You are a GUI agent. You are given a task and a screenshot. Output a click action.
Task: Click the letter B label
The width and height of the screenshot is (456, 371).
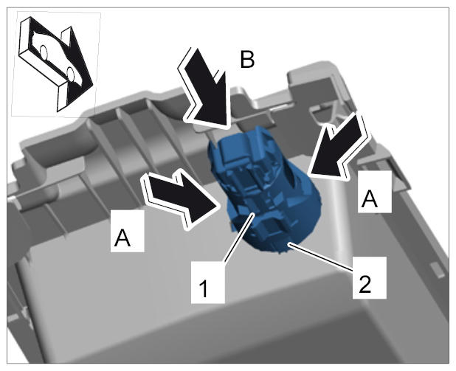click(x=247, y=60)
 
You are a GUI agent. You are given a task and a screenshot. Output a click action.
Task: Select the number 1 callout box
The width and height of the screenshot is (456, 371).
click(x=207, y=282)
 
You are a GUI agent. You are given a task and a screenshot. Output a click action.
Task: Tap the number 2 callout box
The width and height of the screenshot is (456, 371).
click(x=370, y=277)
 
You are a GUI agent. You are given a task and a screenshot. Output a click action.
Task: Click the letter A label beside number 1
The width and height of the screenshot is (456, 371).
click(x=127, y=231)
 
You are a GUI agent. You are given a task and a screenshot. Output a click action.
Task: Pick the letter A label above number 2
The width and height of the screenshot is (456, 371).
click(x=375, y=192)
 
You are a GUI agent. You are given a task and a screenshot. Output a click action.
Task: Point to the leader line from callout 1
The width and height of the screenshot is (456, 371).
click(x=239, y=237)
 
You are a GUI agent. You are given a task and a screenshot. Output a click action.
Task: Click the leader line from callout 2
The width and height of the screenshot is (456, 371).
click(x=322, y=258)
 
